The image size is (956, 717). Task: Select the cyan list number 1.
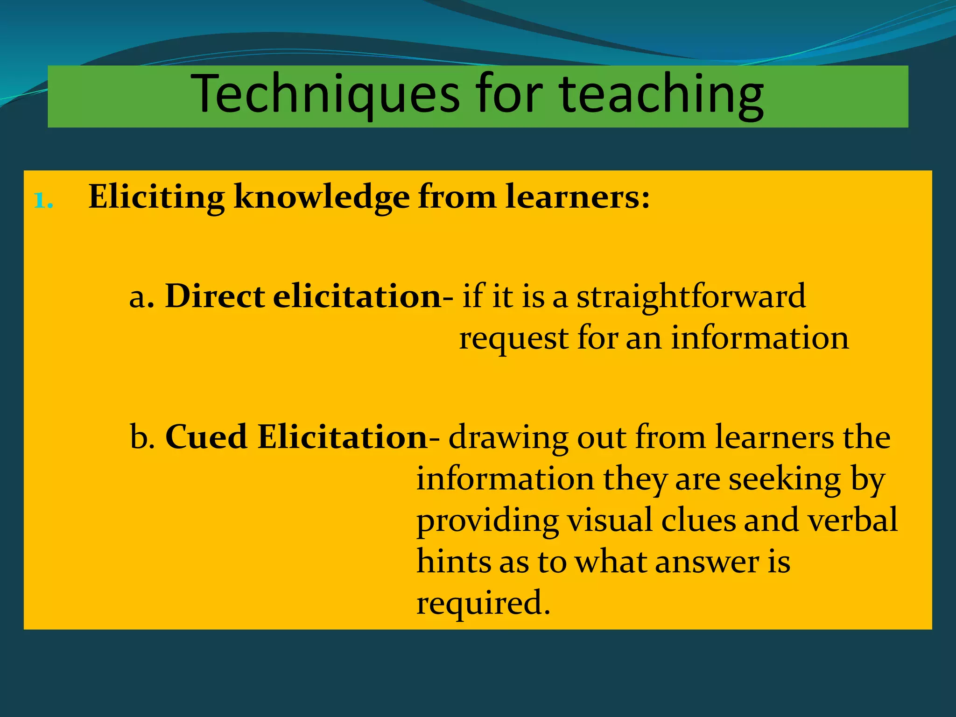[44, 201]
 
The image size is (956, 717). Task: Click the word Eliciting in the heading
[156, 197]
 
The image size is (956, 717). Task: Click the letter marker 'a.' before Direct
[141, 297]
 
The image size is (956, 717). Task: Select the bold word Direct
[215, 296]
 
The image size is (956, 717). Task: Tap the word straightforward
[690, 296]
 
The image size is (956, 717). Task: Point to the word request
[513, 339]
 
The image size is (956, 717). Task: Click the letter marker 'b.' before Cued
[142, 437]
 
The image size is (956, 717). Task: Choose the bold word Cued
[206, 437]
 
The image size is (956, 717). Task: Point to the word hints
[453, 562]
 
